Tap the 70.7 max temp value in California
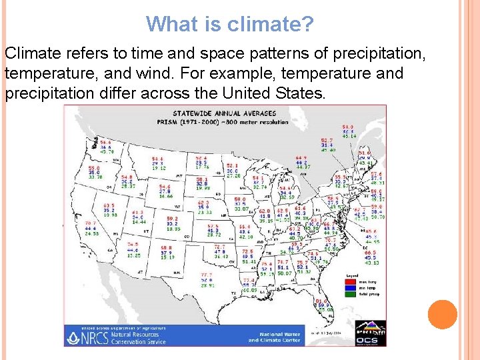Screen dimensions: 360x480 pyautogui.click(x=91, y=222)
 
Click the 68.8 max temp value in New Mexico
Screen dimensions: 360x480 pyautogui.click(x=166, y=247)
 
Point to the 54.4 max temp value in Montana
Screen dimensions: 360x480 pyautogui.click(x=157, y=158)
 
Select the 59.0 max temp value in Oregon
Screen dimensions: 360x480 pyautogui.click(x=95, y=167)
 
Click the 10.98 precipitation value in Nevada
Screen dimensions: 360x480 pyautogui.click(x=110, y=215)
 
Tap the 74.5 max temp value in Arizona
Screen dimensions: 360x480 pyautogui.click(x=133, y=244)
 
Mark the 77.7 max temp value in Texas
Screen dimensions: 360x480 pyautogui.click(x=207, y=275)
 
